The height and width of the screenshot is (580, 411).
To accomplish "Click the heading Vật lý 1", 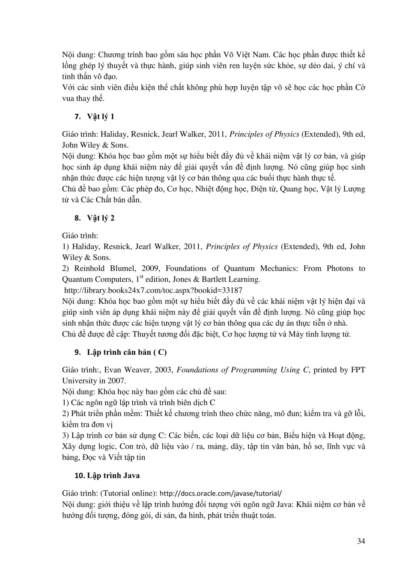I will (x=101, y=117).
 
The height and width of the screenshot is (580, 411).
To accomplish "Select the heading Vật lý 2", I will (x=101, y=218).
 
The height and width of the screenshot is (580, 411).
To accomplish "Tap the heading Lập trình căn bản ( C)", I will (x=127, y=352).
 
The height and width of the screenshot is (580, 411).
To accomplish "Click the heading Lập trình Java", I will (x=113, y=475).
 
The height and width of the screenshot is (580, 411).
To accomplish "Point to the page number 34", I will (x=361, y=541).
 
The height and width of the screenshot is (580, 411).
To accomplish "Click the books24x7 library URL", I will (x=153, y=290).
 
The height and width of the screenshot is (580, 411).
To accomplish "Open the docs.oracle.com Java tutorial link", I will (x=220, y=493).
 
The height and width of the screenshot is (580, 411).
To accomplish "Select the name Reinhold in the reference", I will (x=89, y=268).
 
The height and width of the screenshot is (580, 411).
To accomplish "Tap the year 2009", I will (x=150, y=268).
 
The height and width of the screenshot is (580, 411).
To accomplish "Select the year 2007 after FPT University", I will (x=116, y=381).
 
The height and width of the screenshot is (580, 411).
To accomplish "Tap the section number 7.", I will (x=77, y=117).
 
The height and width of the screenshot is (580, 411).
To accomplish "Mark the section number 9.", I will (x=77, y=352).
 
